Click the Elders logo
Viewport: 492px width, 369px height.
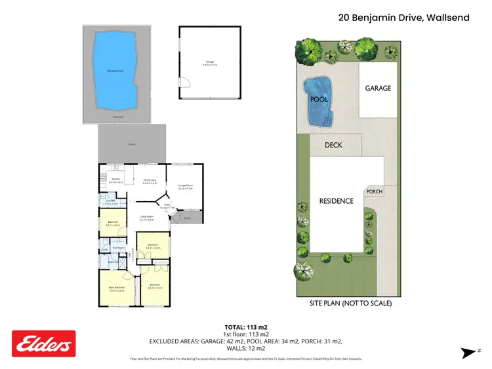[44, 343]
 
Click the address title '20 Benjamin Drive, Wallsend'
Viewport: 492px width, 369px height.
[403, 18]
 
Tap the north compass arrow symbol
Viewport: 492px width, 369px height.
[470, 353]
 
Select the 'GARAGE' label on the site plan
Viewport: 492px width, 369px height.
[378, 88]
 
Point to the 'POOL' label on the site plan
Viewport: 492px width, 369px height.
[318, 100]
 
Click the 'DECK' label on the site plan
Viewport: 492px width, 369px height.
[335, 146]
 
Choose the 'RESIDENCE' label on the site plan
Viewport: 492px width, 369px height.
[336, 201]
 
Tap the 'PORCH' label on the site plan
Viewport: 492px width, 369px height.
[374, 191]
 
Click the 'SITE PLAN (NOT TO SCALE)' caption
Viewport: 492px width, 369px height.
[350, 303]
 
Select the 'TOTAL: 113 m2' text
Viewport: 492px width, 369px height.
[245, 326]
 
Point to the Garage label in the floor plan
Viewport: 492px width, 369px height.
[210, 63]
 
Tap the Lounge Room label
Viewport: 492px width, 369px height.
[186, 187]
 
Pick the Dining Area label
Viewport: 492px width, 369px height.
[149, 181]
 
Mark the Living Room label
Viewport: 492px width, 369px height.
[146, 218]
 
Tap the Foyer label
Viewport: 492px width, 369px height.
[167, 206]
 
